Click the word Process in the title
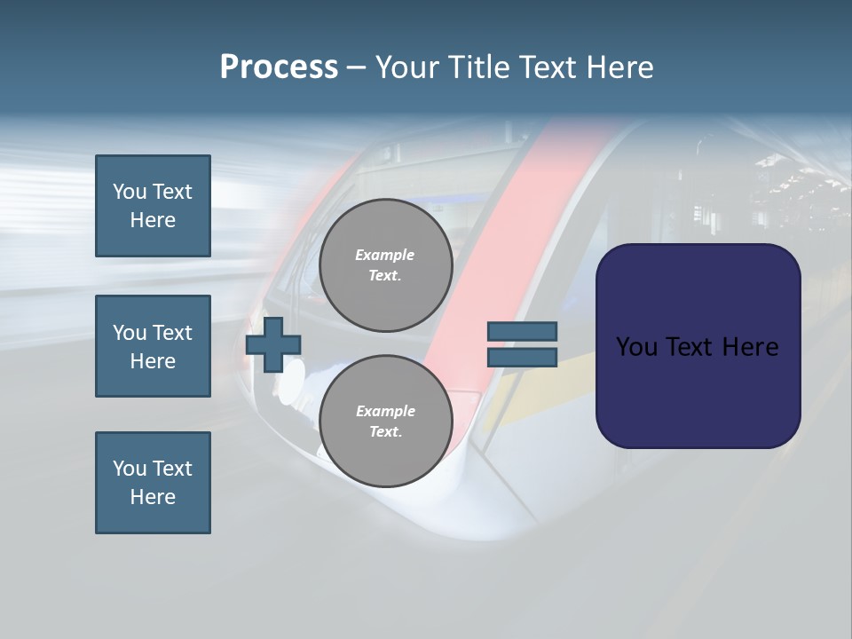(x=279, y=67)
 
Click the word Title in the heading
(x=477, y=67)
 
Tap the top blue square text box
(x=153, y=206)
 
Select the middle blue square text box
(x=153, y=346)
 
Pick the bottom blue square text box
(x=153, y=483)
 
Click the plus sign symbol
(x=272, y=344)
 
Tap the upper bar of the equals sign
(x=522, y=332)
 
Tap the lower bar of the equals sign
(x=522, y=357)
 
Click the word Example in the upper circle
(x=385, y=255)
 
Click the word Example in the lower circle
(x=385, y=411)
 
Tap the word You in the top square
(x=130, y=192)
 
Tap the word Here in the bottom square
(x=153, y=497)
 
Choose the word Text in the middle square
(x=172, y=333)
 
